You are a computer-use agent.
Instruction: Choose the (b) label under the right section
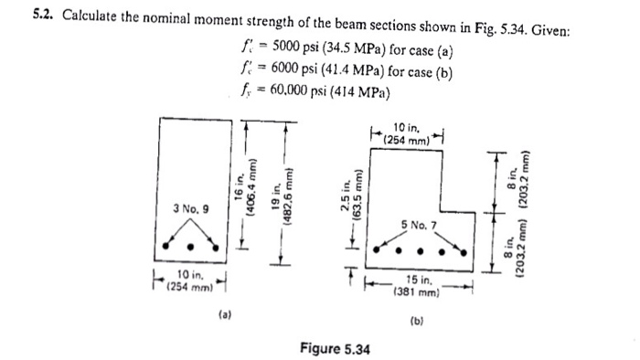click(x=417, y=322)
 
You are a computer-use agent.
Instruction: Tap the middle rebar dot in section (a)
click(x=190, y=245)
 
